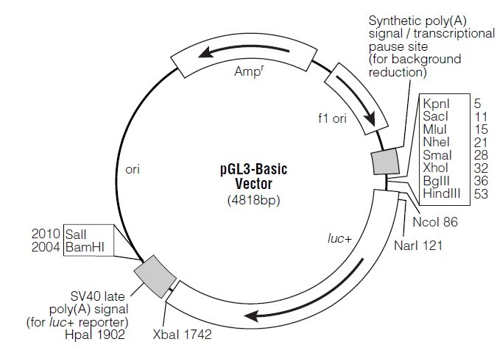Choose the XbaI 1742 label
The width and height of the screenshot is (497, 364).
[183, 335]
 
